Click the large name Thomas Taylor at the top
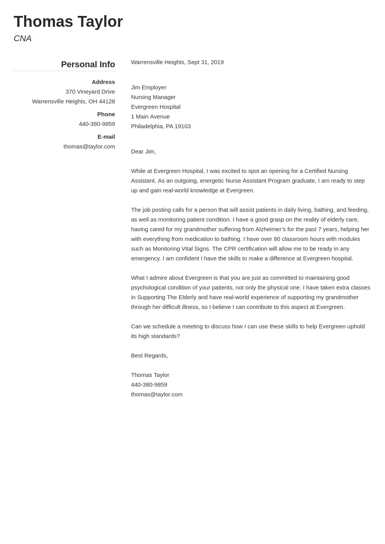[x=68, y=22]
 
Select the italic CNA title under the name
[x=23, y=38]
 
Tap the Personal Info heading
[x=88, y=65]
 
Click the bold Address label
[x=103, y=82]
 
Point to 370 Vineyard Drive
[x=90, y=92]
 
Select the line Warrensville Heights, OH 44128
[x=73, y=101]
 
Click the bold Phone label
[x=106, y=114]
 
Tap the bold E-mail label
[x=106, y=137]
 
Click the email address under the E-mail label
[x=89, y=146]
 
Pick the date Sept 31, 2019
[x=205, y=62]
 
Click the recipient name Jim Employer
[x=149, y=87]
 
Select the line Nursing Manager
[x=153, y=97]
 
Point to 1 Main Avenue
[x=150, y=117]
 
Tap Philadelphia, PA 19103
[x=161, y=126]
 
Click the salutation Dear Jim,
[x=143, y=152]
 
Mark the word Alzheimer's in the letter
[x=270, y=229]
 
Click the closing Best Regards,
[x=149, y=356]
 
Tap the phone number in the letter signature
[x=149, y=385]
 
